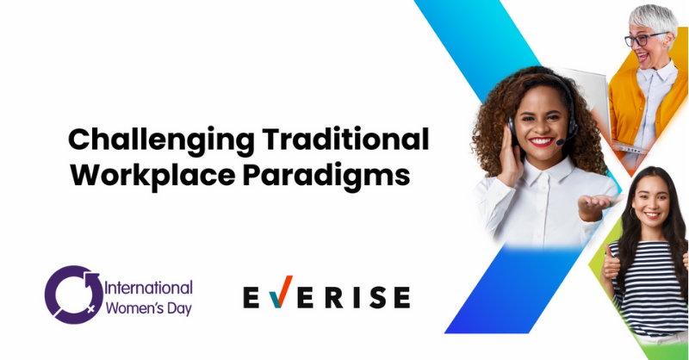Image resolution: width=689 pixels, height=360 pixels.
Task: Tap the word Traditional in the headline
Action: point(346,139)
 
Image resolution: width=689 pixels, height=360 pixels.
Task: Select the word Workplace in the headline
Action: point(153,177)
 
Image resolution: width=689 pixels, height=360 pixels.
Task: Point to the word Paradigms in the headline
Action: point(326,177)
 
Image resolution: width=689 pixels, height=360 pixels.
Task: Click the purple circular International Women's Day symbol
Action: point(73,295)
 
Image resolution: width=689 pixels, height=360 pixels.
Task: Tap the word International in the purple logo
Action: point(148,289)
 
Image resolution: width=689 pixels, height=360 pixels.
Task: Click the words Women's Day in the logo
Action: point(149,308)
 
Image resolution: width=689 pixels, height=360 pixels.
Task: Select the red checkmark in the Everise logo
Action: point(281,292)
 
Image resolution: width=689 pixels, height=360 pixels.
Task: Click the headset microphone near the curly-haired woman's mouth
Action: point(561,141)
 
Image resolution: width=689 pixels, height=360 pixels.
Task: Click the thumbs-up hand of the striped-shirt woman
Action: point(611,264)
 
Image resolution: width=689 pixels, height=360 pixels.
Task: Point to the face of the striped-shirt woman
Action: point(651,202)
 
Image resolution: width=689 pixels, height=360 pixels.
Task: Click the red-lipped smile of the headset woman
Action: point(541,141)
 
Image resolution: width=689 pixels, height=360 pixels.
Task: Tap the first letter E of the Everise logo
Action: point(251,297)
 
